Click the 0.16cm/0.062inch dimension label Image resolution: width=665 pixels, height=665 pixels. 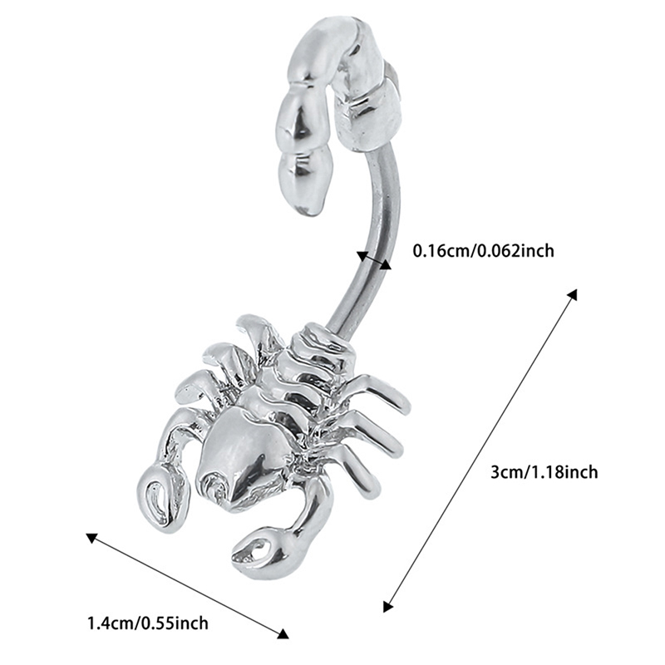[484, 251]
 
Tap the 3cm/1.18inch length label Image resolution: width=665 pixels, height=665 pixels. [544, 472]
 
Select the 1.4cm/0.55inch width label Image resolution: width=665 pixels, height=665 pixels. [148, 623]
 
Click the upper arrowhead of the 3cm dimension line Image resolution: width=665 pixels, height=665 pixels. [573, 294]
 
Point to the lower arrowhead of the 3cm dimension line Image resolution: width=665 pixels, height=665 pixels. [387, 606]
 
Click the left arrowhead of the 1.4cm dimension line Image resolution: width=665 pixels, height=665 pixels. [91, 538]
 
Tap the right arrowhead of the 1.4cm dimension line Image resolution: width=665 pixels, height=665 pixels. [283, 646]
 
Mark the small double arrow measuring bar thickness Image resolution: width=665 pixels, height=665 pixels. [373, 260]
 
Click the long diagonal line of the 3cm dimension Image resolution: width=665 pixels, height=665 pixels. [480, 451]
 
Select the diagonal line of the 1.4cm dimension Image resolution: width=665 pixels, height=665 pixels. [188, 592]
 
